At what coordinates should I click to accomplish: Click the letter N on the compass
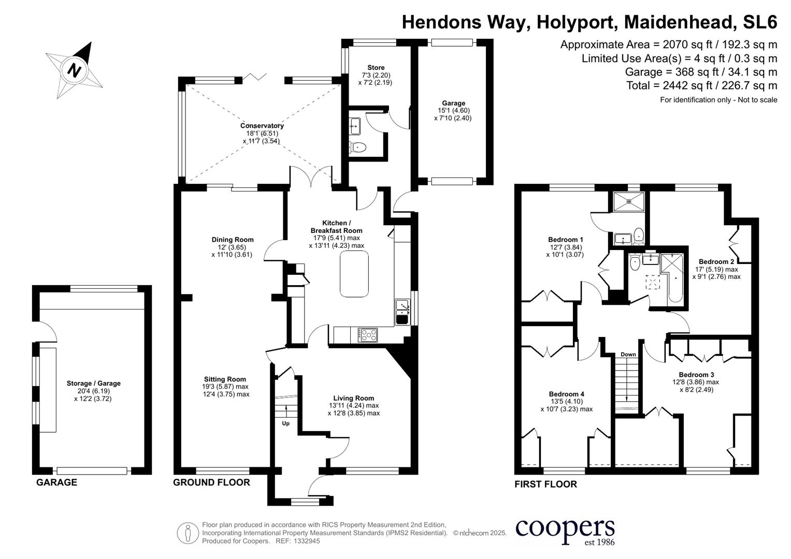point(75,69)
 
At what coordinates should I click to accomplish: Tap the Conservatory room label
point(262,126)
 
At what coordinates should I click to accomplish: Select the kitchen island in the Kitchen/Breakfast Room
point(354,273)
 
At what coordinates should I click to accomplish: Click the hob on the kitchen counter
point(368,335)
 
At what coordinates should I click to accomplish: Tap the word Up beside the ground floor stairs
point(285,423)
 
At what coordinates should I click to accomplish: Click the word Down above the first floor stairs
point(628,355)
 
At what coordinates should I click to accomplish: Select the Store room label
point(376,68)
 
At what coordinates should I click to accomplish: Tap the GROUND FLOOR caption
point(211,482)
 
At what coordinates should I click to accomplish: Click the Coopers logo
point(565,531)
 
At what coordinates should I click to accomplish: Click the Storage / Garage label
point(93,384)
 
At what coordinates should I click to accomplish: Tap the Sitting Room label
point(225,379)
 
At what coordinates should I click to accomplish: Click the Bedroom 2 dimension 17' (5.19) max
point(716,270)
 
